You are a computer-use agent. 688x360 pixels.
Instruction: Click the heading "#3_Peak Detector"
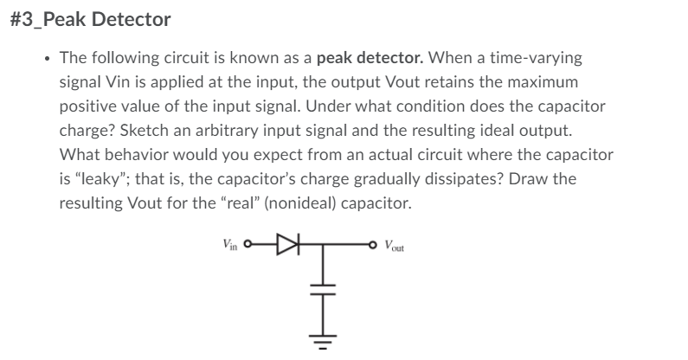point(91,19)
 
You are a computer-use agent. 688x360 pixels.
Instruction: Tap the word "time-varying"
point(540,60)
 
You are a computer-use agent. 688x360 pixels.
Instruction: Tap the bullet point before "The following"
point(45,60)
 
